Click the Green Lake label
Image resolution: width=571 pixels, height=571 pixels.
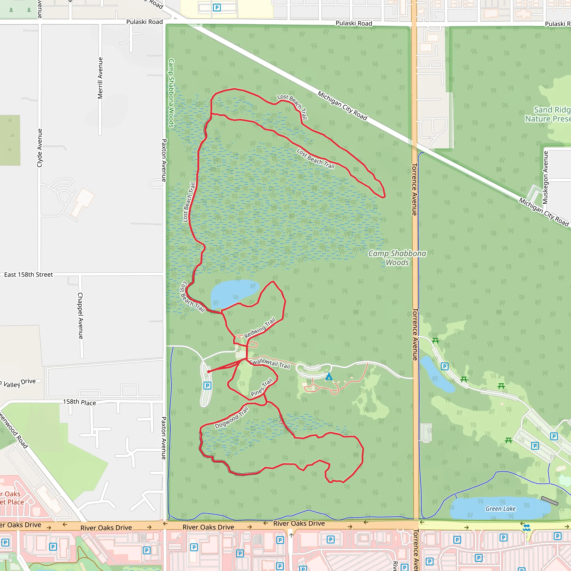[500, 509]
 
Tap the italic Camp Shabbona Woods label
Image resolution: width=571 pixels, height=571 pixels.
[397, 258]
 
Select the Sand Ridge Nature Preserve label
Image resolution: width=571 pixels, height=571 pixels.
[548, 114]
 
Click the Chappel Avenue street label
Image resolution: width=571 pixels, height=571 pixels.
[80, 316]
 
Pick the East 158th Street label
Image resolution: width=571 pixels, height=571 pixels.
[28, 275]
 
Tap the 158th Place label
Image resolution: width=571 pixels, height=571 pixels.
[79, 402]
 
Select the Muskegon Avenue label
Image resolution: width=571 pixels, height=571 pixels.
[546, 177]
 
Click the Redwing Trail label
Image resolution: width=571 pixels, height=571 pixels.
[260, 328]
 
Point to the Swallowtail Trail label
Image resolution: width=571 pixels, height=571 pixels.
[270, 363]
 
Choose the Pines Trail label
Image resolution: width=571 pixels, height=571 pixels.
[262, 387]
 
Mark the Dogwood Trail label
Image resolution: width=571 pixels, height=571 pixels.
[231, 417]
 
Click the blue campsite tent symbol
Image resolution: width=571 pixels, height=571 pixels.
[329, 376]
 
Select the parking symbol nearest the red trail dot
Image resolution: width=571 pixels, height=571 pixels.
[207, 385]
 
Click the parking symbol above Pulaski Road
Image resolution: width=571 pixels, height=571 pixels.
[217, 8]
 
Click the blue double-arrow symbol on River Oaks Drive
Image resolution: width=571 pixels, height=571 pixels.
[526, 528]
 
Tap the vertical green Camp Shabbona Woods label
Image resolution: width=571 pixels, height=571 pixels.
[171, 93]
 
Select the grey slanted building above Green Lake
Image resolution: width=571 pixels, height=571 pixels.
[550, 501]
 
